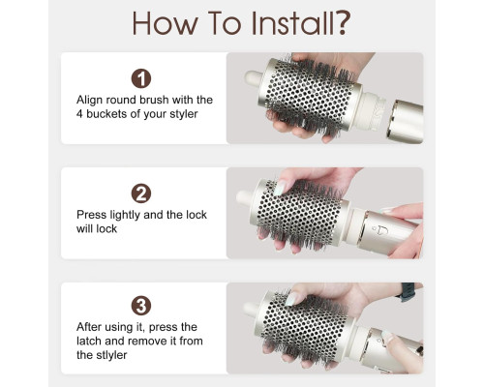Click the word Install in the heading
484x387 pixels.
click(294, 23)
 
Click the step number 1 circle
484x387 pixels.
click(141, 78)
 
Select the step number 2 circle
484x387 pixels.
click(141, 193)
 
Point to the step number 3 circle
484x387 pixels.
click(141, 306)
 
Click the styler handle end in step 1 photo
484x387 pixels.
click(408, 122)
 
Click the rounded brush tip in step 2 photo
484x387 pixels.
click(245, 197)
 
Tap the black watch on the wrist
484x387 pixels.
click(408, 292)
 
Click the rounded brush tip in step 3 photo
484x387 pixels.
click(251, 311)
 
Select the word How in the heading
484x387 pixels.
click(164, 23)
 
